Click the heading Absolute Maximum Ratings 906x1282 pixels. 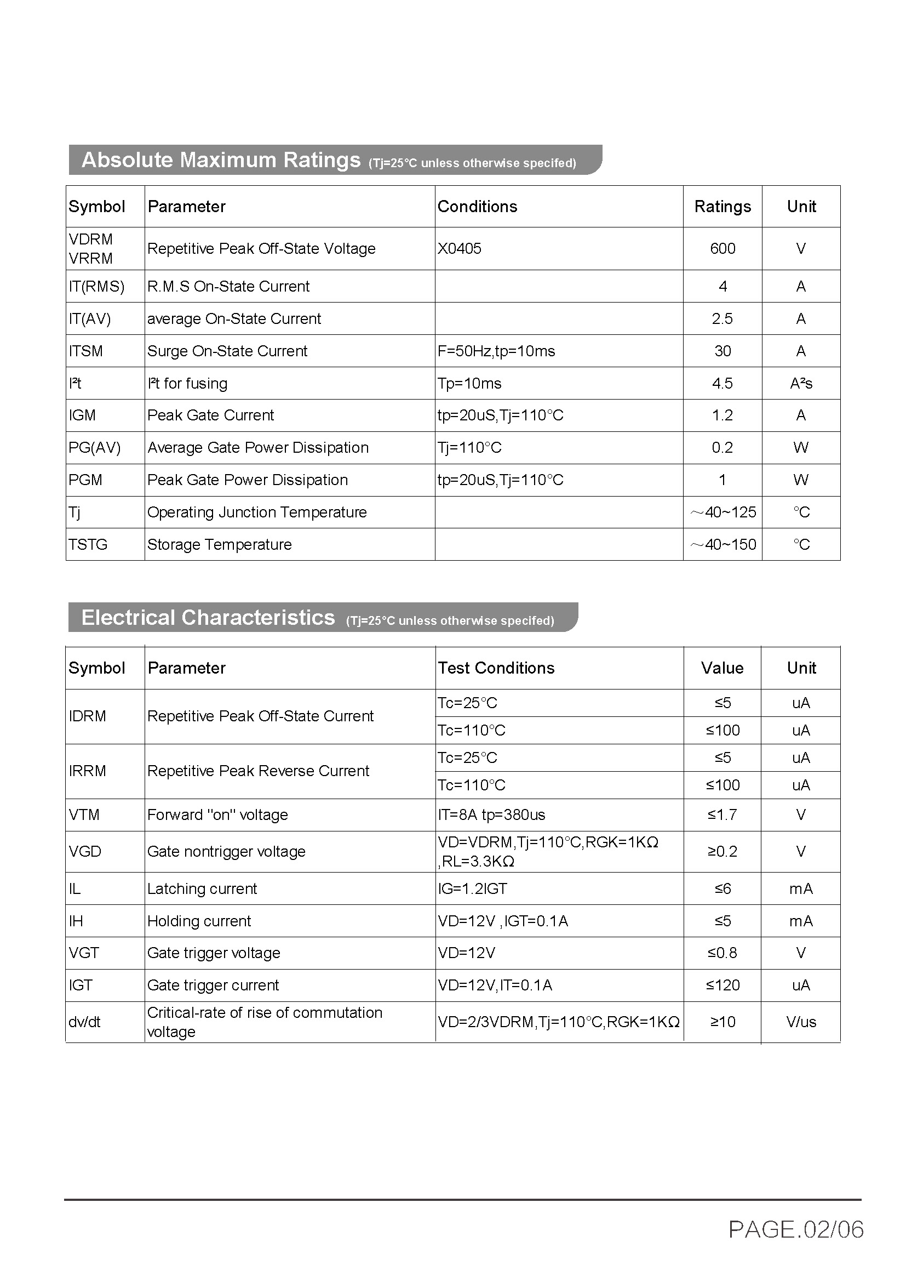(221, 160)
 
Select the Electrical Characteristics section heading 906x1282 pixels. (208, 618)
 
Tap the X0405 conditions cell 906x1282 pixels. (459, 248)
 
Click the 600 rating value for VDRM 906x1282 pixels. (722, 248)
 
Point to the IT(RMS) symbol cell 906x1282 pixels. (96, 287)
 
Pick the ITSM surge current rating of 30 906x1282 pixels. (722, 351)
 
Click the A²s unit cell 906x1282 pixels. (801, 384)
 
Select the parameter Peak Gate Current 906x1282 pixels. (211, 415)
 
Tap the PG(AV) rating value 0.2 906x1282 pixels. (722, 448)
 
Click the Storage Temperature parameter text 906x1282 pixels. (219, 545)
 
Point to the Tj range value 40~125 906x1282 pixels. (724, 512)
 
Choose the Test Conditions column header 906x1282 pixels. (496, 668)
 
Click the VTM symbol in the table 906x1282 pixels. (84, 814)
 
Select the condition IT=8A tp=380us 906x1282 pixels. (491, 814)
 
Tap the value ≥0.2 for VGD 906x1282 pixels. (722, 852)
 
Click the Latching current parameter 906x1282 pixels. (202, 889)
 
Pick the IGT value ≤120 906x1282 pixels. (722, 985)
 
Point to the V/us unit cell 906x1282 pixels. (801, 1022)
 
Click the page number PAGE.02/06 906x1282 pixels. (796, 1229)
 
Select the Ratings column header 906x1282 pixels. (722, 207)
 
